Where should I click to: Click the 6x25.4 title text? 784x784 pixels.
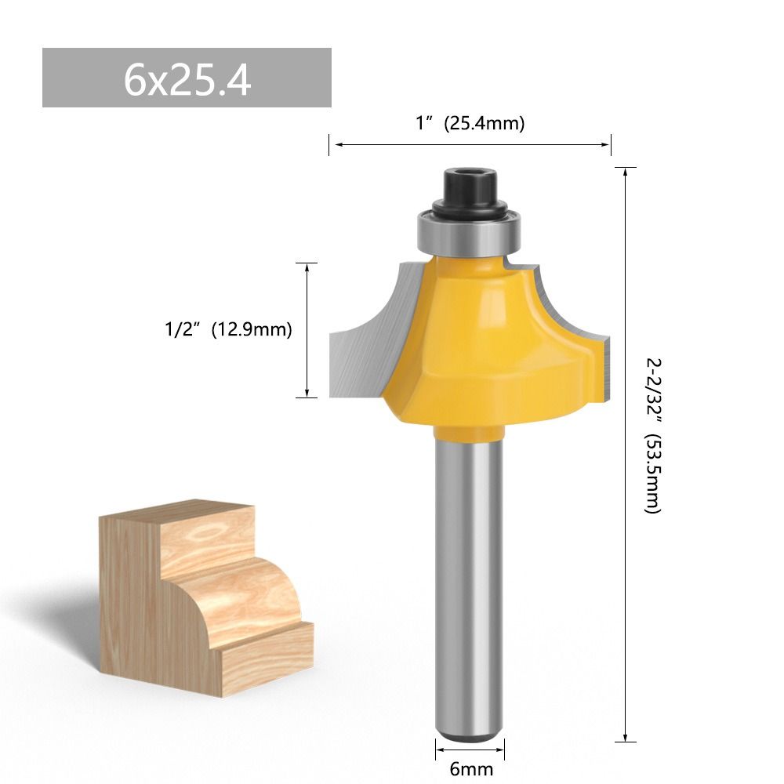point(187,78)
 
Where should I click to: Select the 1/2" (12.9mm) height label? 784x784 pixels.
point(223,330)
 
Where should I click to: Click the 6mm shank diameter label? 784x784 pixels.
point(470,768)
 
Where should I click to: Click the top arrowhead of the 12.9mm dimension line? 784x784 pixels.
point(307,267)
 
